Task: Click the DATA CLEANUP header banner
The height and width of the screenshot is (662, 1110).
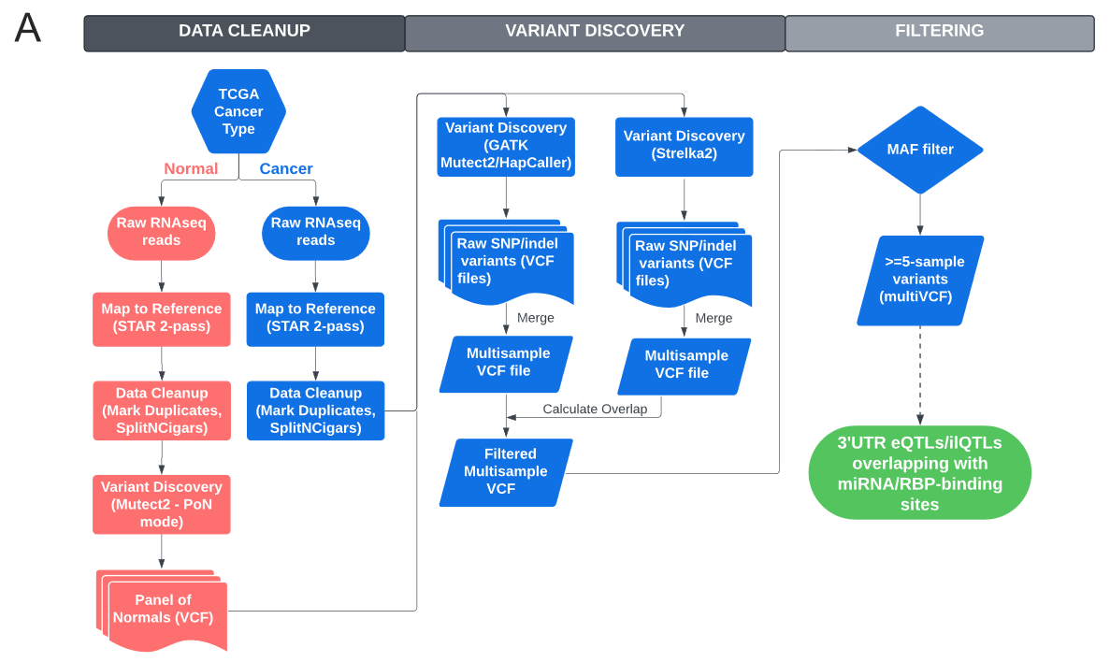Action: point(244,32)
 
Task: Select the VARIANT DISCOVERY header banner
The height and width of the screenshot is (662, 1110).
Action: point(595,32)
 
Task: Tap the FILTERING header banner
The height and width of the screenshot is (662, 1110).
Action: point(939,32)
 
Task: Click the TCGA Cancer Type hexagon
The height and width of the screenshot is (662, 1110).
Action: point(238,111)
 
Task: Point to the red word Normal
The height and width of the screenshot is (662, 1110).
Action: point(191,169)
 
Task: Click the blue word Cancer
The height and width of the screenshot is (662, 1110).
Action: point(286,169)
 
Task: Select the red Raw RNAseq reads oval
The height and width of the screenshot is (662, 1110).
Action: point(162,232)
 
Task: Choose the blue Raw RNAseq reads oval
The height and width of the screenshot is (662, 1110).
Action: point(316,232)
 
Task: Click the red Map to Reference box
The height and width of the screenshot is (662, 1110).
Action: point(162,318)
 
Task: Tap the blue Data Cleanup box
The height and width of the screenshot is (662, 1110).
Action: point(316,410)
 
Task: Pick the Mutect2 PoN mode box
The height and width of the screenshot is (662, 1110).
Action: point(162,504)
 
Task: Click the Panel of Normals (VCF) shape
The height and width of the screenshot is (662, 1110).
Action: point(163,609)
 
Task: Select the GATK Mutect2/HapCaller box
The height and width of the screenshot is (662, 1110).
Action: point(506,147)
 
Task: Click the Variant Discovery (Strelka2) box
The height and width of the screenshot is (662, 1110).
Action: point(685,146)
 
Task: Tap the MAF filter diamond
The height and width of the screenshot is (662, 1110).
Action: point(920,150)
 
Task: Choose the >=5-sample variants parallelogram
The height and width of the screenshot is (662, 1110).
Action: point(920,280)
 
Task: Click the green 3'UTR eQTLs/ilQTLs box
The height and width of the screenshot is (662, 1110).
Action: point(919,473)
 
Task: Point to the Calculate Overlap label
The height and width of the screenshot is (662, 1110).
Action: point(595,410)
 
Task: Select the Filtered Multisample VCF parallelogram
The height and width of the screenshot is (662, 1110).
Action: point(506,472)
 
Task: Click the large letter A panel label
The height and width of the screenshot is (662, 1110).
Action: point(28,29)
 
